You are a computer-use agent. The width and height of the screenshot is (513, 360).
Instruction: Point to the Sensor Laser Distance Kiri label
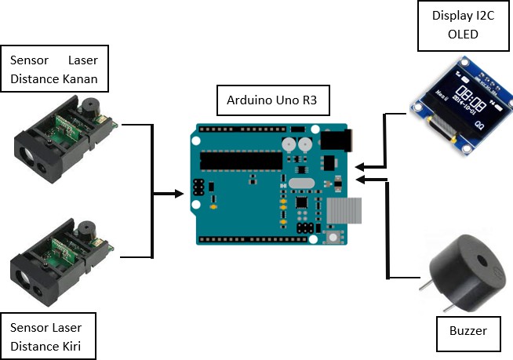(x=52, y=336)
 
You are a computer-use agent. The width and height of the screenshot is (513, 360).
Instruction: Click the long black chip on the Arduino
(x=240, y=159)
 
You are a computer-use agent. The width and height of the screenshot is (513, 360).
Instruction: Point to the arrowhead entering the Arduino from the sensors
(x=178, y=192)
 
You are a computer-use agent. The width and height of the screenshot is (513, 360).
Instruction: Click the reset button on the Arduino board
(x=334, y=237)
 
